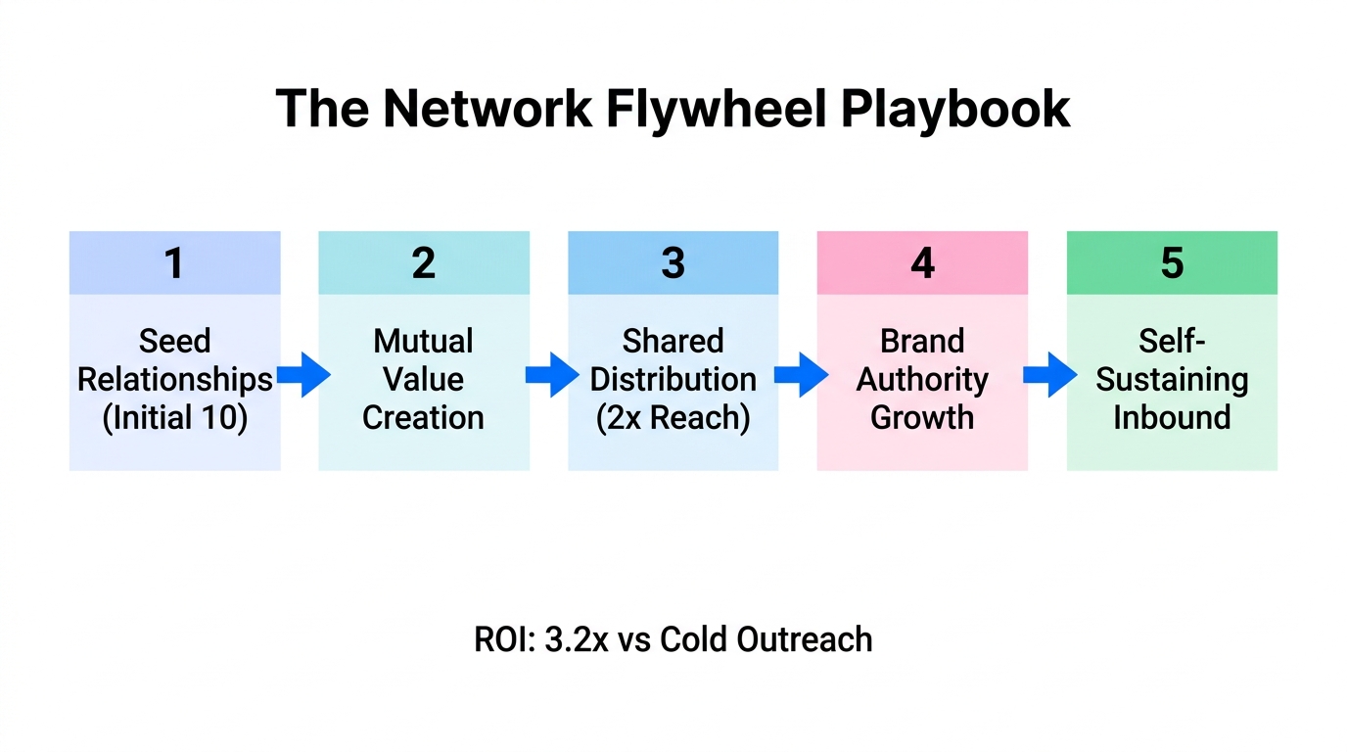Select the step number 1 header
coord(174,263)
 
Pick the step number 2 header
coord(424,263)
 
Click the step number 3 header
coord(673,263)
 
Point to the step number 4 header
coord(922,263)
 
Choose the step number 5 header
coord(1172,263)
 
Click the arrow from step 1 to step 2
coord(303,374)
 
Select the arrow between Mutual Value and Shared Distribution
coord(552,374)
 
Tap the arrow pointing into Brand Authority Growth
coord(802,374)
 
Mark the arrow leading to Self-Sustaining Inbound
coord(1050,374)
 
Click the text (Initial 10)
coord(175,418)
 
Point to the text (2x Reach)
coord(673,418)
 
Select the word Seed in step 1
coord(175,341)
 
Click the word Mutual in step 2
coord(424,341)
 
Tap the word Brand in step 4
coord(922,341)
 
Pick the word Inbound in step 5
coord(1172,418)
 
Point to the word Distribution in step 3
coord(673,380)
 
